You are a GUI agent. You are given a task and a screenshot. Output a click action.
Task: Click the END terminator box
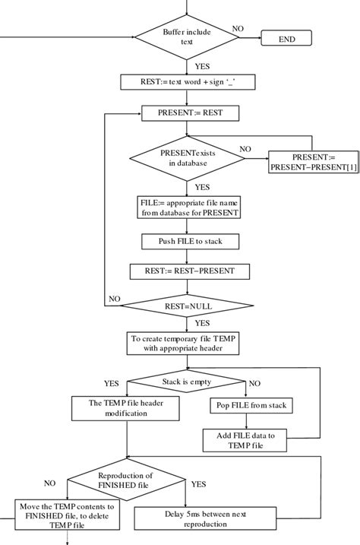(286, 39)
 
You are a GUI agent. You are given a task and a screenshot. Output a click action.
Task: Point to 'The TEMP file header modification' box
(126, 409)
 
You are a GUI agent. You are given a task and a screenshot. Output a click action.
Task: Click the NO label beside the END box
(238, 29)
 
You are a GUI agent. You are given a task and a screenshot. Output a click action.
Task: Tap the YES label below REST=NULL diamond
(202, 322)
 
